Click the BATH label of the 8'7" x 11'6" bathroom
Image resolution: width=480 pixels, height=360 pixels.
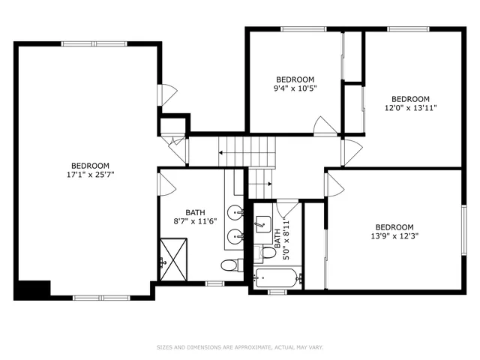[x=195, y=212]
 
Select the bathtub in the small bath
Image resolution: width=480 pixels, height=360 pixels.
[x=277, y=278]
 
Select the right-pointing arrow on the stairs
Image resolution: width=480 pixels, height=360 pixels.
[x=268, y=182]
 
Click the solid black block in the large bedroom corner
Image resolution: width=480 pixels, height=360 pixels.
[x=31, y=289]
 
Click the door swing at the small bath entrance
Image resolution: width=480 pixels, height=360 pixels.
[x=287, y=208]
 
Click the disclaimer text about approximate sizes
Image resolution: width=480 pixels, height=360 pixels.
[x=239, y=347]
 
